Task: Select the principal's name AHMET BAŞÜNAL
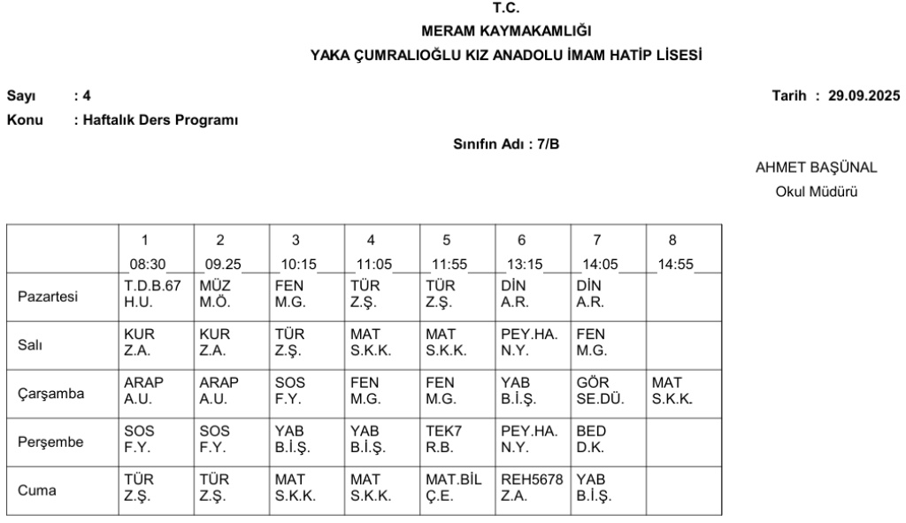click(x=803, y=168)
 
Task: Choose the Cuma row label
click(x=36, y=488)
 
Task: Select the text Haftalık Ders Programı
click(x=160, y=119)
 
